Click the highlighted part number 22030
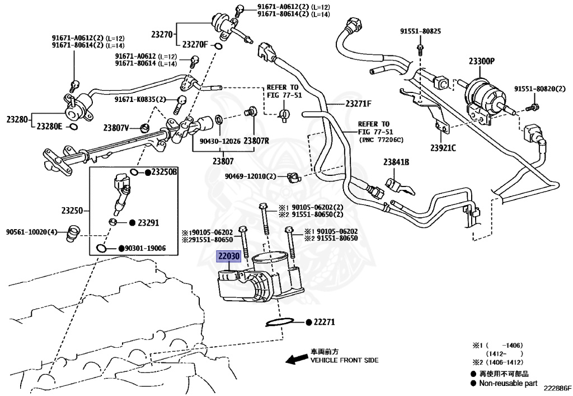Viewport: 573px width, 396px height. coord(229,257)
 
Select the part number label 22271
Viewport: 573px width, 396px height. coord(323,322)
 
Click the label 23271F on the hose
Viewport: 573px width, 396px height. coord(358,104)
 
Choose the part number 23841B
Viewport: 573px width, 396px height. coord(396,162)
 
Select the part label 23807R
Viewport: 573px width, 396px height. coord(256,141)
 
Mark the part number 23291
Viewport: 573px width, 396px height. coord(148,222)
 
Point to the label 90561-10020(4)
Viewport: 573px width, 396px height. coord(32,231)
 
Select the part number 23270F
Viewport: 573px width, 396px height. coord(195,44)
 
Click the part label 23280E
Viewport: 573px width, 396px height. coord(49,127)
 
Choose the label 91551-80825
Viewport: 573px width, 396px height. coord(420,31)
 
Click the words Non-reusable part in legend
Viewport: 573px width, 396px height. coord(509,383)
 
